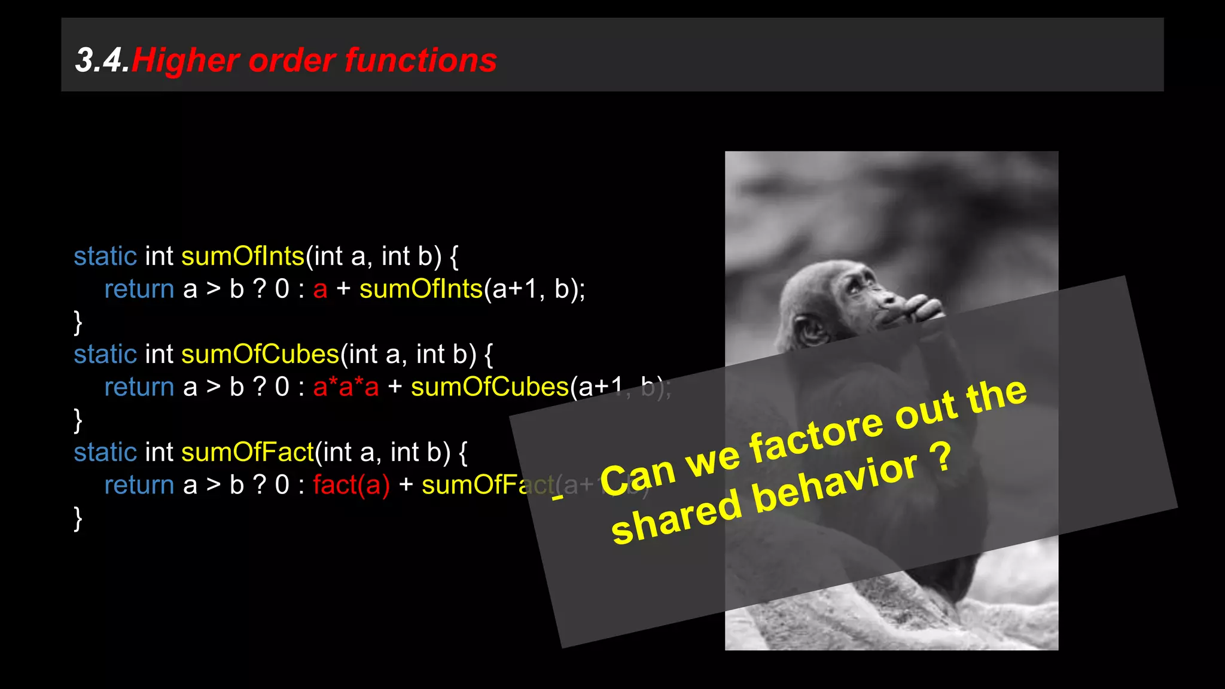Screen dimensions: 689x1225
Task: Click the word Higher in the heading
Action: tap(185, 61)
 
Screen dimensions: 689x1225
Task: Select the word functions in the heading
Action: tap(420, 61)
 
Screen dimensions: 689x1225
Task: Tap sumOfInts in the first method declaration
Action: tap(243, 256)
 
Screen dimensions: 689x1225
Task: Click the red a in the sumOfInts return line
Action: tap(320, 289)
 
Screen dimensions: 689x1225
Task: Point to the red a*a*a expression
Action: tap(346, 387)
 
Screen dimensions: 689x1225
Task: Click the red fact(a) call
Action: tap(351, 484)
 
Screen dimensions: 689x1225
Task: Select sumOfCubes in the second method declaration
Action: tap(260, 354)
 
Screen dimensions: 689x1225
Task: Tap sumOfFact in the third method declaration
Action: tap(247, 452)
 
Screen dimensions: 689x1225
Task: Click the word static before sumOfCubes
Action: tap(105, 354)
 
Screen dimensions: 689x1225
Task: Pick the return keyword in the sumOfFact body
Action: tap(139, 484)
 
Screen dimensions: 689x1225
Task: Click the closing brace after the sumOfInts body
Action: tap(78, 322)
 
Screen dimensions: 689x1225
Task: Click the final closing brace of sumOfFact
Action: tap(78, 518)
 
